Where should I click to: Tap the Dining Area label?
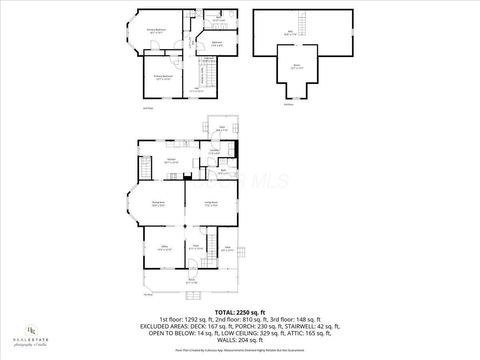(158, 204)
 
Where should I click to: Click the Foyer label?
(197, 246)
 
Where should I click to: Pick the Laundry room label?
(214, 151)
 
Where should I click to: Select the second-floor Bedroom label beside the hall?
(216, 42)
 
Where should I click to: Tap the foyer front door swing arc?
(191, 263)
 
